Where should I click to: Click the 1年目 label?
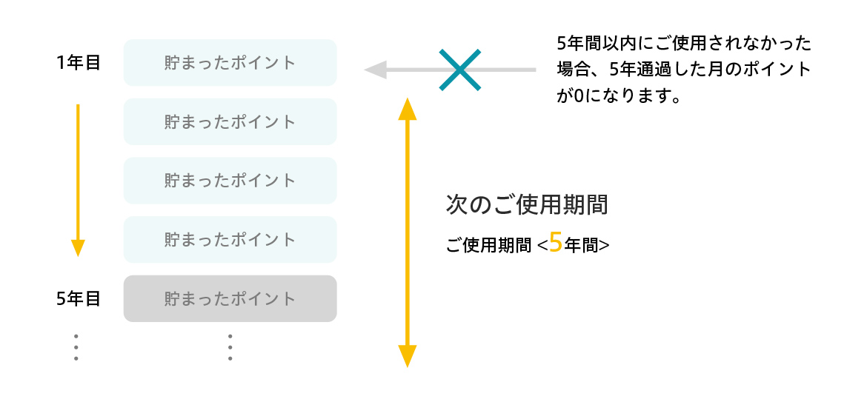click(x=78, y=63)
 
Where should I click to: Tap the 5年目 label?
click(x=78, y=299)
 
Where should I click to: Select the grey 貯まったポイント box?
click(x=230, y=299)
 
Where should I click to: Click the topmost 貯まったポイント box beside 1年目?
click(x=230, y=62)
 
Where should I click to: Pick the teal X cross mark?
click(x=460, y=70)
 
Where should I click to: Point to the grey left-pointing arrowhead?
click(x=375, y=70)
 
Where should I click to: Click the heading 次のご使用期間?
click(x=527, y=205)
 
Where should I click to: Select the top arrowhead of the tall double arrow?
click(x=407, y=108)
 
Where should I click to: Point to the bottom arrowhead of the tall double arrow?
click(x=407, y=357)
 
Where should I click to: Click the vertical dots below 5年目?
click(x=76, y=347)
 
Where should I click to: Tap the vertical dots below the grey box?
click(x=230, y=347)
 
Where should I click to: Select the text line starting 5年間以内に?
click(x=684, y=43)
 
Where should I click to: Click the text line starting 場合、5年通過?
click(x=684, y=70)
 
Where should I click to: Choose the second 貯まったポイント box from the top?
click(x=230, y=121)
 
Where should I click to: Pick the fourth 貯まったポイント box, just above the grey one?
click(x=230, y=240)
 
